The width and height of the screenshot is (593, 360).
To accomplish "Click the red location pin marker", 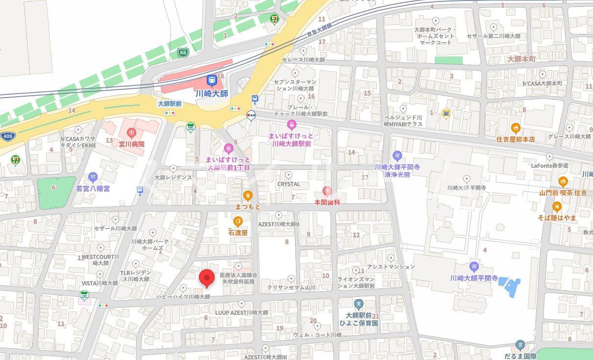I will point(207,278).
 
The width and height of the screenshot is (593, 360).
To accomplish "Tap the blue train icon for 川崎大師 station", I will point(212,80).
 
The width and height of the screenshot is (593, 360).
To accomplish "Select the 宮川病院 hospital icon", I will point(131,132).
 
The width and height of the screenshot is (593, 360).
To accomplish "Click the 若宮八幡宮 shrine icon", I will point(93,177).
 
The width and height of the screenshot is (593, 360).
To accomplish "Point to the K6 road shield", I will point(183,52).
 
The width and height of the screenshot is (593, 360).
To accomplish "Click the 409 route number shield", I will point(7,136).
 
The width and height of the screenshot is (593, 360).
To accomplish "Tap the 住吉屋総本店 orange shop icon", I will point(515,129).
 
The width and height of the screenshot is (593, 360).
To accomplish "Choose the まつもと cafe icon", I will point(248,196).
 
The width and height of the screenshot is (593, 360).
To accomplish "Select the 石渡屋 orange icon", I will point(238,222).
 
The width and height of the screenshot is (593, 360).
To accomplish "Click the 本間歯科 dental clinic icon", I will point(327,191).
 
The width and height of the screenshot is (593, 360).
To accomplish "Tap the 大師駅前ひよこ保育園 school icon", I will point(359,304).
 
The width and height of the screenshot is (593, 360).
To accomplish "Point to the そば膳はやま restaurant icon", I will point(557,206).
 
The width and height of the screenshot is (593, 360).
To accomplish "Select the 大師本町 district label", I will point(522,59).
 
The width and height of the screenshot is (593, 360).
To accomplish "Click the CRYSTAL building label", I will point(289,184).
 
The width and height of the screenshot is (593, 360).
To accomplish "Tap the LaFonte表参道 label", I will point(549,166).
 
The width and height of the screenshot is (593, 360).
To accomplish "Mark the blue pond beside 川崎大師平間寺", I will point(512,287).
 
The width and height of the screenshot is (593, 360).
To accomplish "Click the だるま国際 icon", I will point(520,346).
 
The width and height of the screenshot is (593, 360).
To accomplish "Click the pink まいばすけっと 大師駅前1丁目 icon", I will point(228,148).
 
